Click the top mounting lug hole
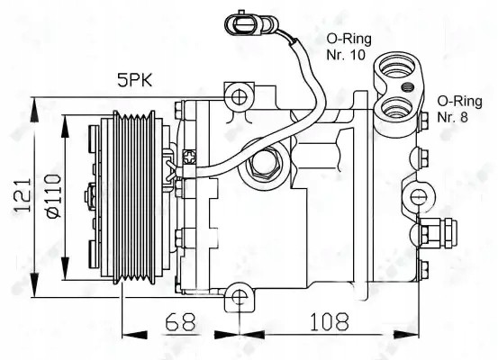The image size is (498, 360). pyautogui.click(x=239, y=97)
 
